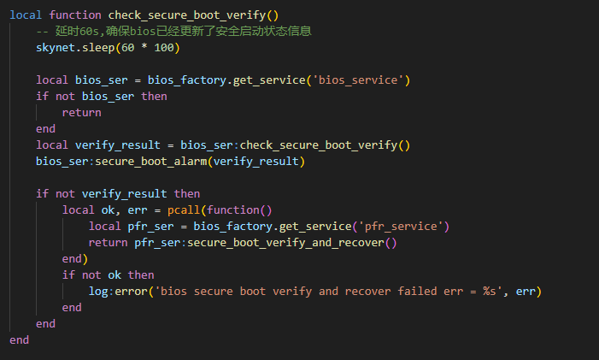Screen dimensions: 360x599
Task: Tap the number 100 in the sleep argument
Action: point(167,47)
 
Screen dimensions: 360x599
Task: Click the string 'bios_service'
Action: point(358,80)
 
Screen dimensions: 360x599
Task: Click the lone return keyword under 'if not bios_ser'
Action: point(81,112)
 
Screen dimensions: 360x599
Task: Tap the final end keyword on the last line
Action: point(19,339)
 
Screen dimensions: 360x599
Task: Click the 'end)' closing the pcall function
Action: point(75,258)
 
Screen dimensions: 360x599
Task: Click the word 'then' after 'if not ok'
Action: point(141,274)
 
